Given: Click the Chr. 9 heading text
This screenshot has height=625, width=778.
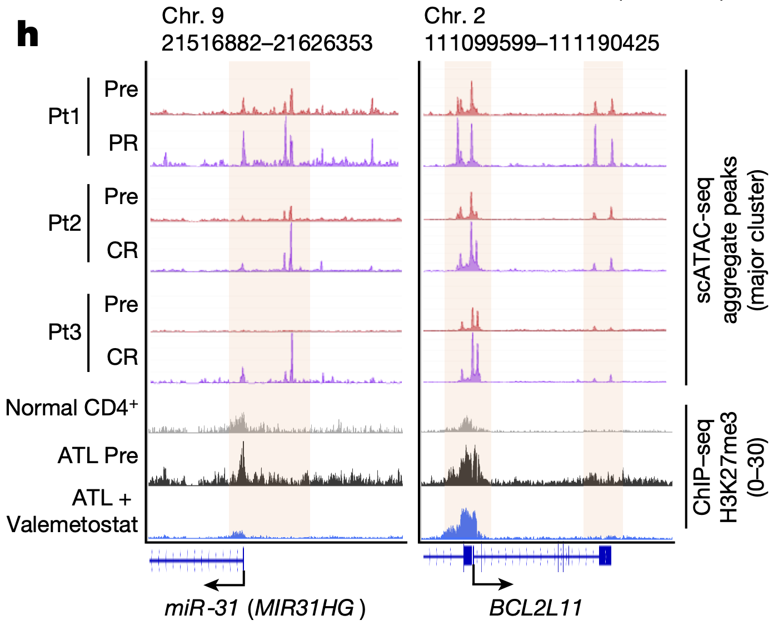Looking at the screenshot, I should (192, 16).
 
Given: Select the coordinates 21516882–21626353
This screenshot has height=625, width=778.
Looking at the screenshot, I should (267, 43).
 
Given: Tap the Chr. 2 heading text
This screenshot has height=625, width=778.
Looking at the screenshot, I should (455, 16).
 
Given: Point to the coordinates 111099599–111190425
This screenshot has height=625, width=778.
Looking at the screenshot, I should (542, 43).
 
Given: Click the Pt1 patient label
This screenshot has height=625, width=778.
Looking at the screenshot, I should (64, 117).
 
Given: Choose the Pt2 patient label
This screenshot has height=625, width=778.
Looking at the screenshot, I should (64, 224).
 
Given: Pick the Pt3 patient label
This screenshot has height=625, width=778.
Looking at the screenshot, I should (64, 332).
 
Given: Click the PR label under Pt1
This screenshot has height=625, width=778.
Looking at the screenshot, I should (123, 143).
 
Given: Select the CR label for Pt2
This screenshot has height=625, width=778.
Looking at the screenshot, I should (122, 251).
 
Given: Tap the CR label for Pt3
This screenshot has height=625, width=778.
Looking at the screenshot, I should (122, 357).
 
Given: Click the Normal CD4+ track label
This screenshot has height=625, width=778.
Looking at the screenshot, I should (72, 408).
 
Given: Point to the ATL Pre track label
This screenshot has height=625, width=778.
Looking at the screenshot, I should (98, 456).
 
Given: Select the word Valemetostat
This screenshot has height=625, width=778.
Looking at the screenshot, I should (72, 524).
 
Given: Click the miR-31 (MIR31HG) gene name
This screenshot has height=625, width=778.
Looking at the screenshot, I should (265, 608).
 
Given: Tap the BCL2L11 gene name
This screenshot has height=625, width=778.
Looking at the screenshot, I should (536, 608).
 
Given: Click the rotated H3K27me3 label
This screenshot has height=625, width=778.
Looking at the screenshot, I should (729, 467).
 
